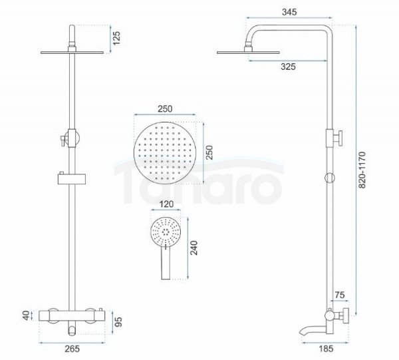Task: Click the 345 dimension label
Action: [289, 12]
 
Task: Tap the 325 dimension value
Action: [288, 67]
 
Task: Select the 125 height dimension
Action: [116, 38]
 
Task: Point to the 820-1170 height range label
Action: [362, 170]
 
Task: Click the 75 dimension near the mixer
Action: [339, 295]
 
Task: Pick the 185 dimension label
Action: [326, 349]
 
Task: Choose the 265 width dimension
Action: [72, 349]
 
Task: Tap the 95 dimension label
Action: [118, 321]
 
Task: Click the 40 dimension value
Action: [27, 315]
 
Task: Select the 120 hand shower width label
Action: [166, 204]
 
